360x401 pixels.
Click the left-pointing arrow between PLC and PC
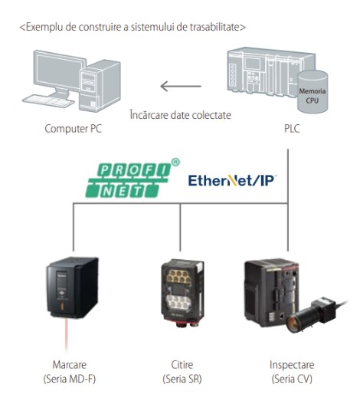[181, 86]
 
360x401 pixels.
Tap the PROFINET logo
[133, 178]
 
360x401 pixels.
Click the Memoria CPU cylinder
[313, 91]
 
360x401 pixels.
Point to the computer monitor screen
[58, 69]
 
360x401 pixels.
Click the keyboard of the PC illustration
[47, 101]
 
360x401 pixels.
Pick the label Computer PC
[73, 129]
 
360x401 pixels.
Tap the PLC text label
[292, 128]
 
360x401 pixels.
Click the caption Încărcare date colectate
[181, 115]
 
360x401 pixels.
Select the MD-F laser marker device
[72, 288]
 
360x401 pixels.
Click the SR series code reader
[182, 293]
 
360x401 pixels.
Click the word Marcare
[70, 365]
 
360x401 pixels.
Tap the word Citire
[182, 365]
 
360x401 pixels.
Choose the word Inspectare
[292, 365]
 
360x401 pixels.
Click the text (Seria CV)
[292, 379]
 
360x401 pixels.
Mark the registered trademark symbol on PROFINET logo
[175, 163]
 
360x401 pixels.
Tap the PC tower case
[100, 86]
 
